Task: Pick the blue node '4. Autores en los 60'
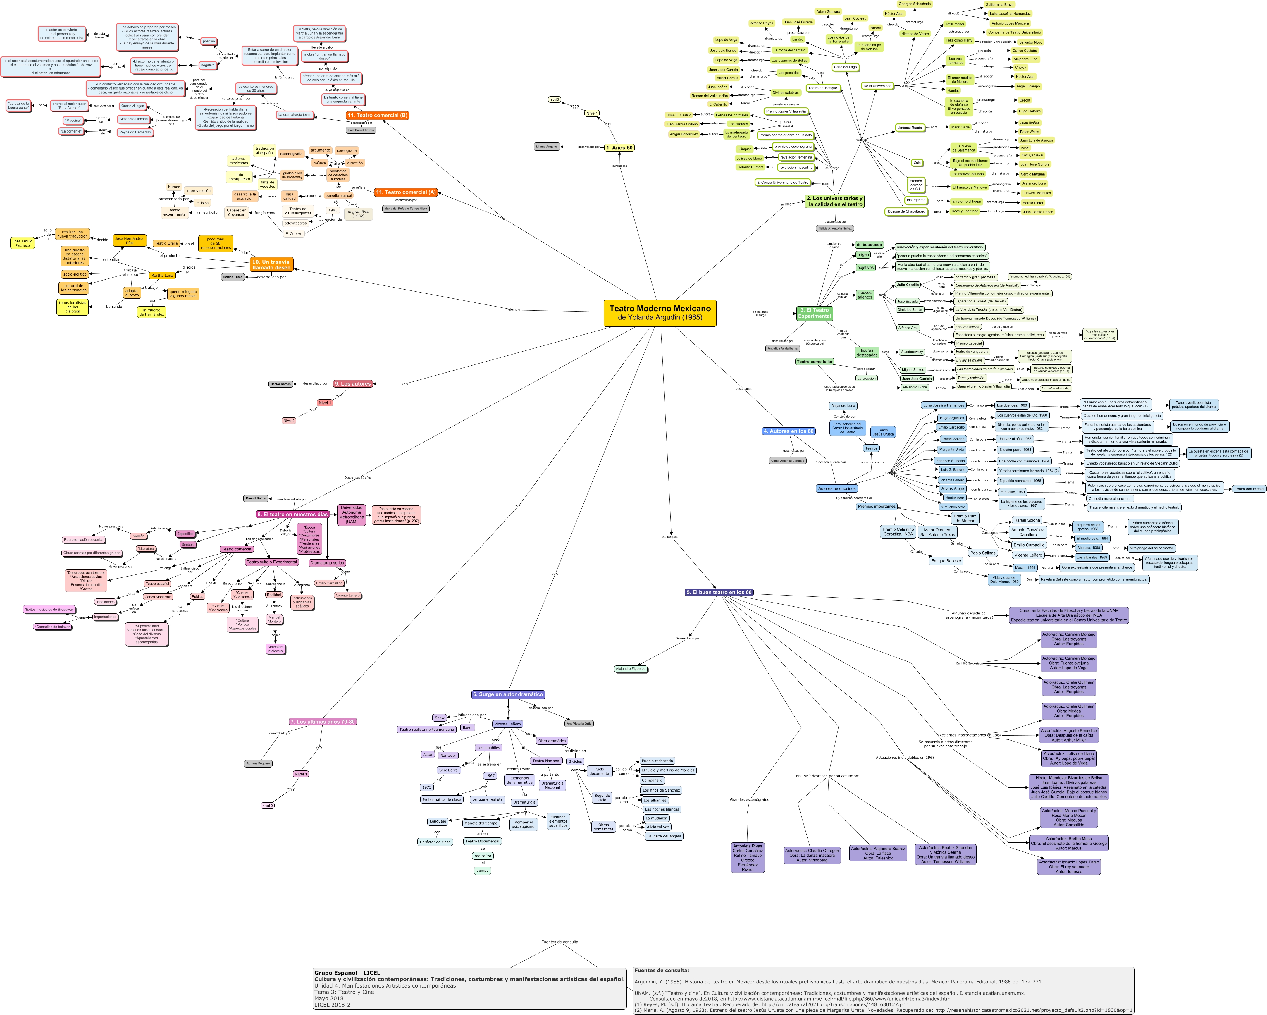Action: [x=788, y=431]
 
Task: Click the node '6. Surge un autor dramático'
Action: [x=508, y=694]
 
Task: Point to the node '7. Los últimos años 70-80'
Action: [x=323, y=722]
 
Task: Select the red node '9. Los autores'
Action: [x=353, y=384]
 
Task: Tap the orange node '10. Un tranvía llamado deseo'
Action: [x=271, y=264]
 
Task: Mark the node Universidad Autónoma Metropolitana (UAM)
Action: [x=352, y=514]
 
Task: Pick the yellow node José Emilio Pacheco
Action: [x=22, y=243]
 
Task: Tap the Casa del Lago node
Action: [x=845, y=67]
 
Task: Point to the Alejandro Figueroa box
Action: [x=631, y=668]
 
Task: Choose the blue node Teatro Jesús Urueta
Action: [x=883, y=432]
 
